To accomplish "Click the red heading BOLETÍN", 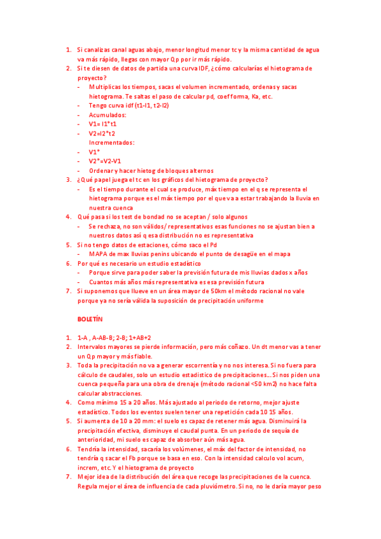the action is click(x=90, y=320).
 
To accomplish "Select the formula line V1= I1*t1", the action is click(x=104, y=124).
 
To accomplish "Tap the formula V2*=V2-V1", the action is click(x=109, y=161).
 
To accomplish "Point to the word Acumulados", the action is click(x=107, y=115).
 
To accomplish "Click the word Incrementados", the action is click(x=111, y=142).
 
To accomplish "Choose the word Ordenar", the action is click(x=102, y=170).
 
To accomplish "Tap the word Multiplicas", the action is click(x=109, y=86).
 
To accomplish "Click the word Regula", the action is click(x=90, y=486).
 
